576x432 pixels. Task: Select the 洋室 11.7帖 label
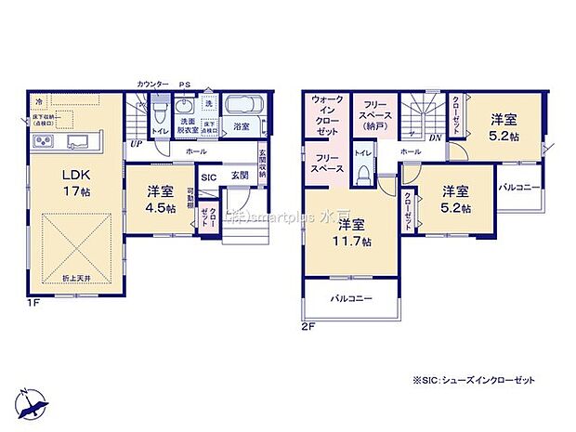354,233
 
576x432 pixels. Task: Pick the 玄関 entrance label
240,177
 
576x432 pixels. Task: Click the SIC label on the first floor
209,177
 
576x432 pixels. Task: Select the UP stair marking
136,144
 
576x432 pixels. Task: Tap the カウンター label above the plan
151,84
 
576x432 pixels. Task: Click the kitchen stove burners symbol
44,142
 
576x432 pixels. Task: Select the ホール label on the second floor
410,150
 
